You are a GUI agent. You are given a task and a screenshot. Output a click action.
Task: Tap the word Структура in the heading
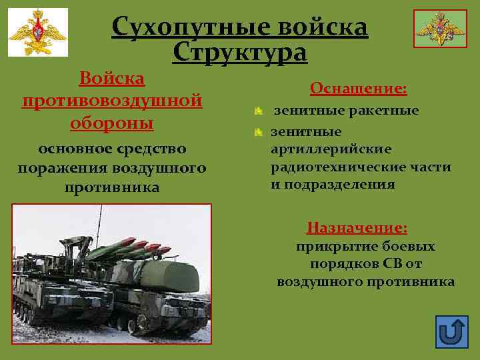(240, 52)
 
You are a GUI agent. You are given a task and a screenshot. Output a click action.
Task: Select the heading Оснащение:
(359, 89)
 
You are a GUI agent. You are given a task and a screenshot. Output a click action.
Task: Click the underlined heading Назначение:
(357, 228)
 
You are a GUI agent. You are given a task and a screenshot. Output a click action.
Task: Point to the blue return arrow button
(451, 331)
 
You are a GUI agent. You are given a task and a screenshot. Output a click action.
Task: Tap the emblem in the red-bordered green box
(439, 28)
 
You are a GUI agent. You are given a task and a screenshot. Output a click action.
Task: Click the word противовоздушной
(112, 101)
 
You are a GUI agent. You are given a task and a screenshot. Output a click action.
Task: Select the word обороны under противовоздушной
(112, 123)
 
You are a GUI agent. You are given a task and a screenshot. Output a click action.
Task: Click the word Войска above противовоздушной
(112, 78)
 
